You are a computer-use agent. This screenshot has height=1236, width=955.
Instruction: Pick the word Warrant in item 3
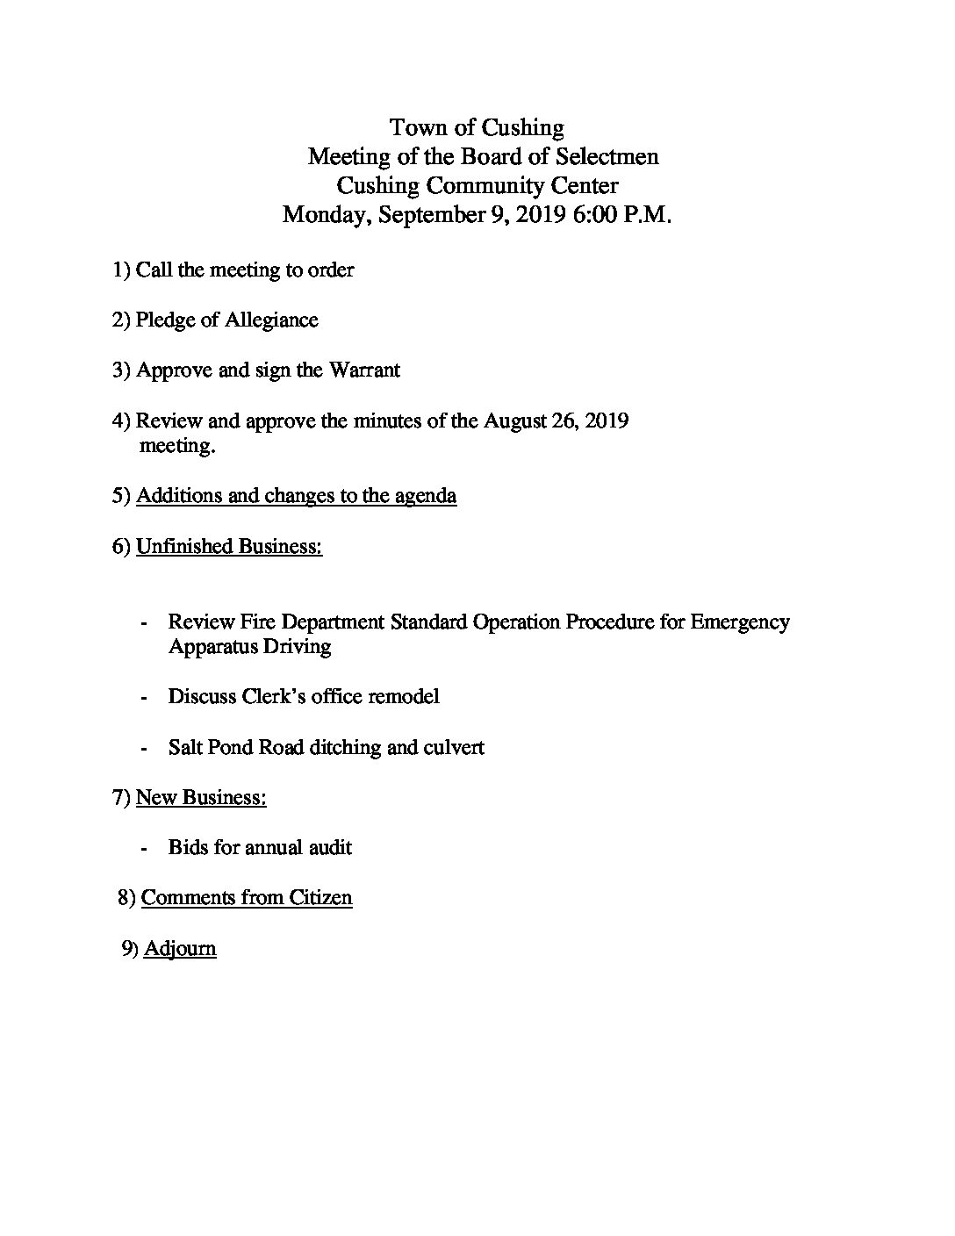pos(364,370)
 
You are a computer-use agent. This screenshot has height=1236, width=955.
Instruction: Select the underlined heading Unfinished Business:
pos(229,547)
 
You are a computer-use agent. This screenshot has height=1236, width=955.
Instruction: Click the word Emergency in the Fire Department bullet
pos(740,622)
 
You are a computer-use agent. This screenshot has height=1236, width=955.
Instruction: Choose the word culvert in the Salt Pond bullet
pos(454,748)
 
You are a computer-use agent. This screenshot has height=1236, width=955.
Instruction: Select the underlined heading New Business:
pos(201,798)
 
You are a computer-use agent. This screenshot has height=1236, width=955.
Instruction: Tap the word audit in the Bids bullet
pos(330,848)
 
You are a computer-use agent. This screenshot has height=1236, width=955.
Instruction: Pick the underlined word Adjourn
pos(180,949)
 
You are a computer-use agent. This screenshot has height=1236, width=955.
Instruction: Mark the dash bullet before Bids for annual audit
pos(143,849)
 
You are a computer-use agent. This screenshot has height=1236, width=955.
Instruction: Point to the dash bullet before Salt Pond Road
pos(143,749)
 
